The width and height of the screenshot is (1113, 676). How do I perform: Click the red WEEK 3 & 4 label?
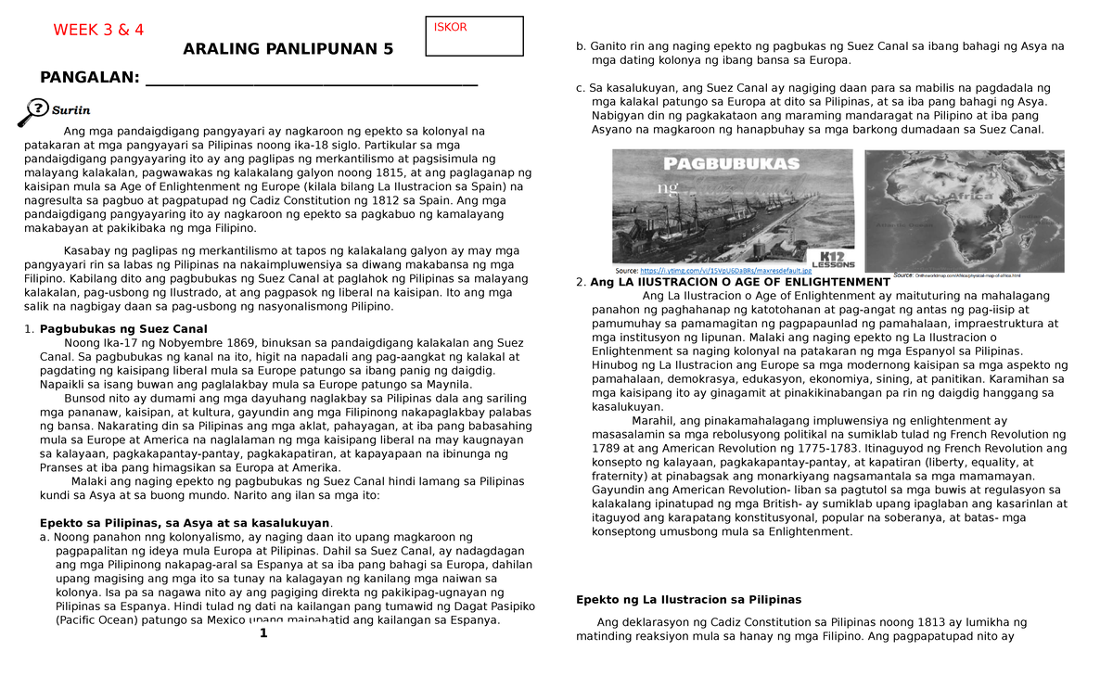click(98, 30)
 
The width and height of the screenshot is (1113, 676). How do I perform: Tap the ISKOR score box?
click(473, 36)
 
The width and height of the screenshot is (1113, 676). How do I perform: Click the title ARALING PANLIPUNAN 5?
click(288, 49)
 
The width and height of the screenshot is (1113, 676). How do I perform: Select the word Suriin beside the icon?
click(70, 109)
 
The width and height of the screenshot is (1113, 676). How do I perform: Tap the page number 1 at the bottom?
click(263, 633)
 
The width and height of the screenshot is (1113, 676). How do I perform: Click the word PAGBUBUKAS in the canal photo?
click(731, 163)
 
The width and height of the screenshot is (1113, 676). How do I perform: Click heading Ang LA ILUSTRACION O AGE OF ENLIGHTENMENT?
click(740, 282)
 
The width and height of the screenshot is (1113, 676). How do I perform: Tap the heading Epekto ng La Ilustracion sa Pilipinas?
click(688, 599)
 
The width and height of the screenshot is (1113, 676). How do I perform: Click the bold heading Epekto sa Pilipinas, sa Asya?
click(185, 523)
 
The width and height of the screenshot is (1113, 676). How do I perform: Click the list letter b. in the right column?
click(581, 46)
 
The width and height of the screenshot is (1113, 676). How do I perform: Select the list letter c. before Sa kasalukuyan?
click(581, 88)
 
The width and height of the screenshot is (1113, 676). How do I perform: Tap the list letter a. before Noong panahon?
click(45, 537)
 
